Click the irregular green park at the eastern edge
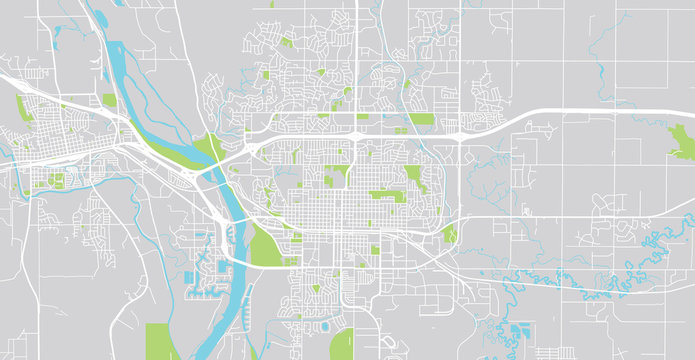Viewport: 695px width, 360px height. [682, 143]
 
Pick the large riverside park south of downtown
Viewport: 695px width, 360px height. [263, 244]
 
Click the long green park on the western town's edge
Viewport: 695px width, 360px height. [22, 109]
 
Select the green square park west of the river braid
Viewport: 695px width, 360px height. [109, 100]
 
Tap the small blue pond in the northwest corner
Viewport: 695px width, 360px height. [56, 31]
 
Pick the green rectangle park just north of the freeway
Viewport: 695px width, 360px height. [421, 119]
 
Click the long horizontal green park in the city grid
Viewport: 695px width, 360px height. [385, 196]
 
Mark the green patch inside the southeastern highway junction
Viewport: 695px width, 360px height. [449, 235]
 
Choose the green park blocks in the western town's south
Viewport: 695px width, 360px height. [54, 180]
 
